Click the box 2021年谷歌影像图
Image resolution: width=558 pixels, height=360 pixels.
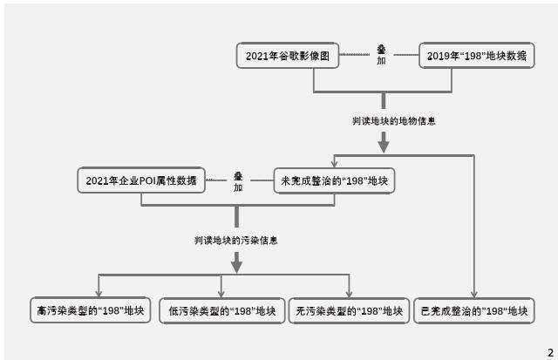(287, 56)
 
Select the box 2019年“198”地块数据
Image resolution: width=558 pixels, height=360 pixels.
(475, 56)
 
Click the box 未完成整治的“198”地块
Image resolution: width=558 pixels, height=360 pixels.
(335, 181)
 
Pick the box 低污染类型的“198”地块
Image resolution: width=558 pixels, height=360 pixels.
(221, 310)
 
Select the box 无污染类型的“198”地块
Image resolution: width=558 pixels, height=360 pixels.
(349, 310)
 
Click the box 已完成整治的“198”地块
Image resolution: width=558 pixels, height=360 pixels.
(474, 310)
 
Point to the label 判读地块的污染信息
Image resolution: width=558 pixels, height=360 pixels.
(235, 240)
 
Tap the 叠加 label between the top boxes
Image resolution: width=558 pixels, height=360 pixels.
(381, 55)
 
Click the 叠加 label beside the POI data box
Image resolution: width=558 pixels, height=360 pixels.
(237, 181)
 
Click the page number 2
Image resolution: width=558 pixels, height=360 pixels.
(549, 351)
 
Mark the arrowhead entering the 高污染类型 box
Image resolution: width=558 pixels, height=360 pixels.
(99, 292)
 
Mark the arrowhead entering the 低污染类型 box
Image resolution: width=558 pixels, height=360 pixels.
(221, 292)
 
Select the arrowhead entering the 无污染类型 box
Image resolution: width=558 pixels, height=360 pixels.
(349, 292)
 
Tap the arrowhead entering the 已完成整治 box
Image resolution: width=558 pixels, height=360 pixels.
(474, 292)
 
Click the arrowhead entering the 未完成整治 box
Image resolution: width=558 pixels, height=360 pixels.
(335, 163)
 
